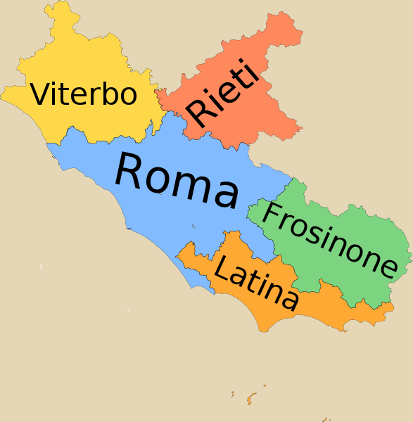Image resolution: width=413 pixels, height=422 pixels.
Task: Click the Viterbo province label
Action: [x=83, y=94]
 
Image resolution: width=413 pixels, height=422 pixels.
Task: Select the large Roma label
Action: [x=176, y=180]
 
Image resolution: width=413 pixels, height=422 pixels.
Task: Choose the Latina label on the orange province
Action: [x=255, y=283]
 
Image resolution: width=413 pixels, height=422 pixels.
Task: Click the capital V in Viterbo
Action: [x=41, y=94]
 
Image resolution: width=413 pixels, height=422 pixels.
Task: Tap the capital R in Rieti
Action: [x=198, y=114]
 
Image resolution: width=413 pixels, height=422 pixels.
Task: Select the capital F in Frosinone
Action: [x=272, y=217]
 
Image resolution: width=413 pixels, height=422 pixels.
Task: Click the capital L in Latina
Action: [x=223, y=269]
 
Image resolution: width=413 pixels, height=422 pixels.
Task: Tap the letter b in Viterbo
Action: [x=107, y=94]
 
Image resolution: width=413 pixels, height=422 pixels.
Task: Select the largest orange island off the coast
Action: [x=250, y=399]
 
